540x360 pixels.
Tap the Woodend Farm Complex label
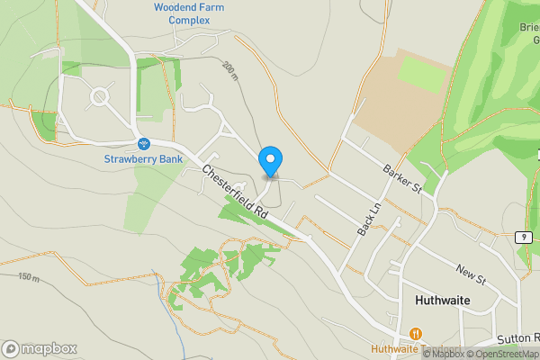[188, 13]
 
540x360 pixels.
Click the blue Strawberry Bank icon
[143, 144]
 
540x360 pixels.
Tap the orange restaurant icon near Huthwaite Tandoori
[415, 333]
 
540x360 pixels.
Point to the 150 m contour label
[29, 277]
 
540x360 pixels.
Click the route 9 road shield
[525, 237]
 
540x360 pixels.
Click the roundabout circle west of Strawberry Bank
[99, 95]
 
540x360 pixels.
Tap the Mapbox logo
[40, 348]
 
